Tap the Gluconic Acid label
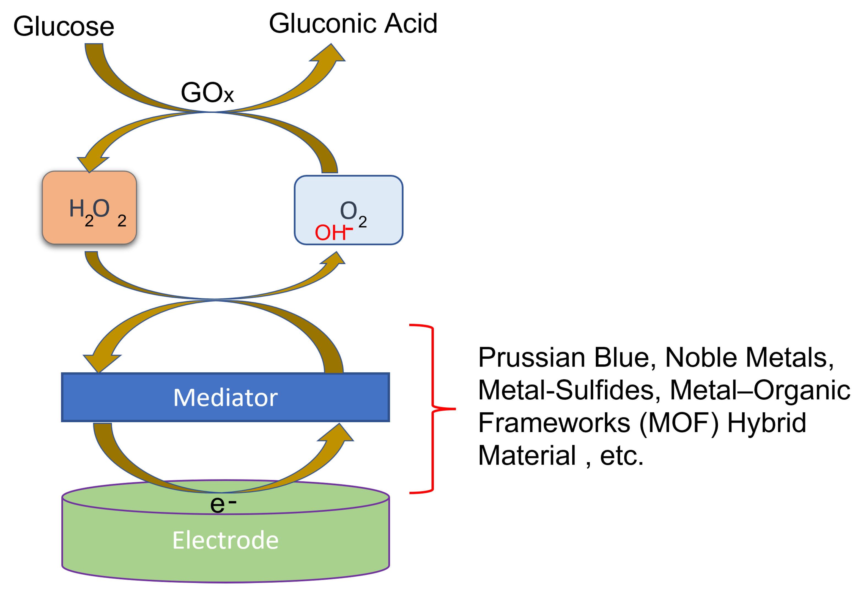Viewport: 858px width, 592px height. coord(353,23)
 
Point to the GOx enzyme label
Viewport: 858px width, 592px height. coord(207,92)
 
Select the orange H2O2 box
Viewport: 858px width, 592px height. coord(89,208)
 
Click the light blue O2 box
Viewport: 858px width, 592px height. coord(348,210)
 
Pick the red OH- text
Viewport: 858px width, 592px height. coord(333,232)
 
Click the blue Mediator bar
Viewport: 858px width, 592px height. coord(226,397)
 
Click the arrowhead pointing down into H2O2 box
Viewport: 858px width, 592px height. coord(92,163)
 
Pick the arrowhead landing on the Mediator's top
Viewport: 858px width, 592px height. coord(100,362)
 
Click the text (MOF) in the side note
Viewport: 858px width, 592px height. coord(679,423)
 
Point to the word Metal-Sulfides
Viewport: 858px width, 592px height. coord(569,390)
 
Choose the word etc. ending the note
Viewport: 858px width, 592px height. coord(621,456)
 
